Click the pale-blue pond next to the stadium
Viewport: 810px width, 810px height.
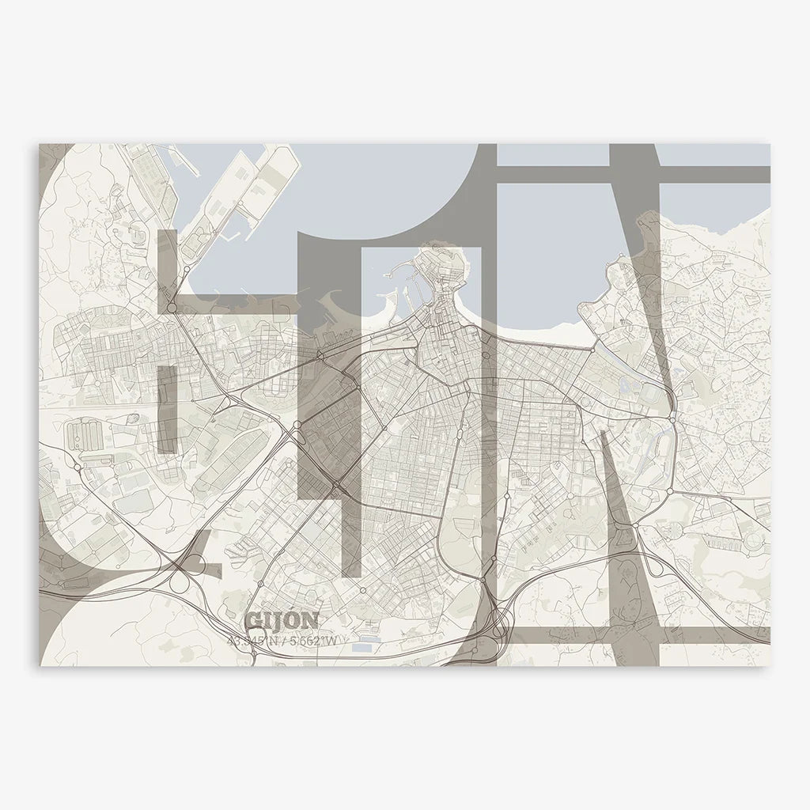click(626, 387)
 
